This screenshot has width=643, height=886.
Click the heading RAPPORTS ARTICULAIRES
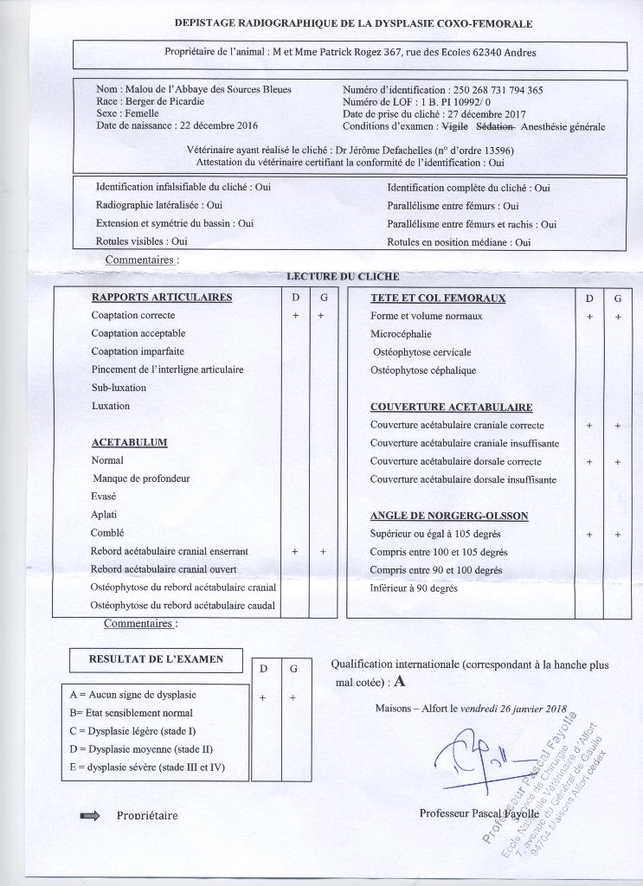click(x=162, y=298)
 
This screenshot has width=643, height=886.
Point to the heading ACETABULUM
click(x=129, y=442)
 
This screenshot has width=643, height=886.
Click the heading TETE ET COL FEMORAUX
click(x=438, y=298)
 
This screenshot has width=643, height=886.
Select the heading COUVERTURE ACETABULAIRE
click(x=451, y=407)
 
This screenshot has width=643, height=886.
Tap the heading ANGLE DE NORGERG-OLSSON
click(x=449, y=516)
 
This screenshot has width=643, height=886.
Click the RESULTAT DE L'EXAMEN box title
click(x=156, y=659)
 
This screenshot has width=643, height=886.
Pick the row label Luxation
click(x=111, y=406)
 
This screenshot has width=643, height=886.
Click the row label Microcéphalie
click(x=402, y=334)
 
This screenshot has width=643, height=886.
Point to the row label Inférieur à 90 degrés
click(x=414, y=588)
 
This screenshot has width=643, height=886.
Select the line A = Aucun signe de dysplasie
click(x=133, y=695)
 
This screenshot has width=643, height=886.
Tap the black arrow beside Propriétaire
click(x=89, y=815)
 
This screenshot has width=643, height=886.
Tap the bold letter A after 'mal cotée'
click(x=399, y=682)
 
